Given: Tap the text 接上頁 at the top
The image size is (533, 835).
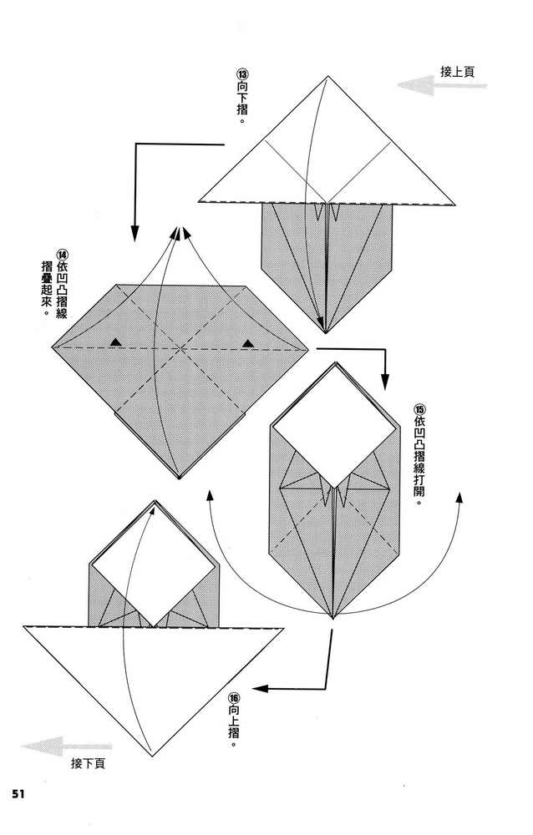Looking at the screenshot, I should click(458, 72).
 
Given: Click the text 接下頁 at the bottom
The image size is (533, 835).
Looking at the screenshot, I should click(88, 763).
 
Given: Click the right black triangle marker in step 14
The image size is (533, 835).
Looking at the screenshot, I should click(248, 342).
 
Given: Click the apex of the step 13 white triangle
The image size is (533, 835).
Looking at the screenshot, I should click(325, 78).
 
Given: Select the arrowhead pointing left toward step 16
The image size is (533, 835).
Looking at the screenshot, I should click(258, 689).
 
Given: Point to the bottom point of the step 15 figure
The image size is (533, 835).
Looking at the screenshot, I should click(333, 619).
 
